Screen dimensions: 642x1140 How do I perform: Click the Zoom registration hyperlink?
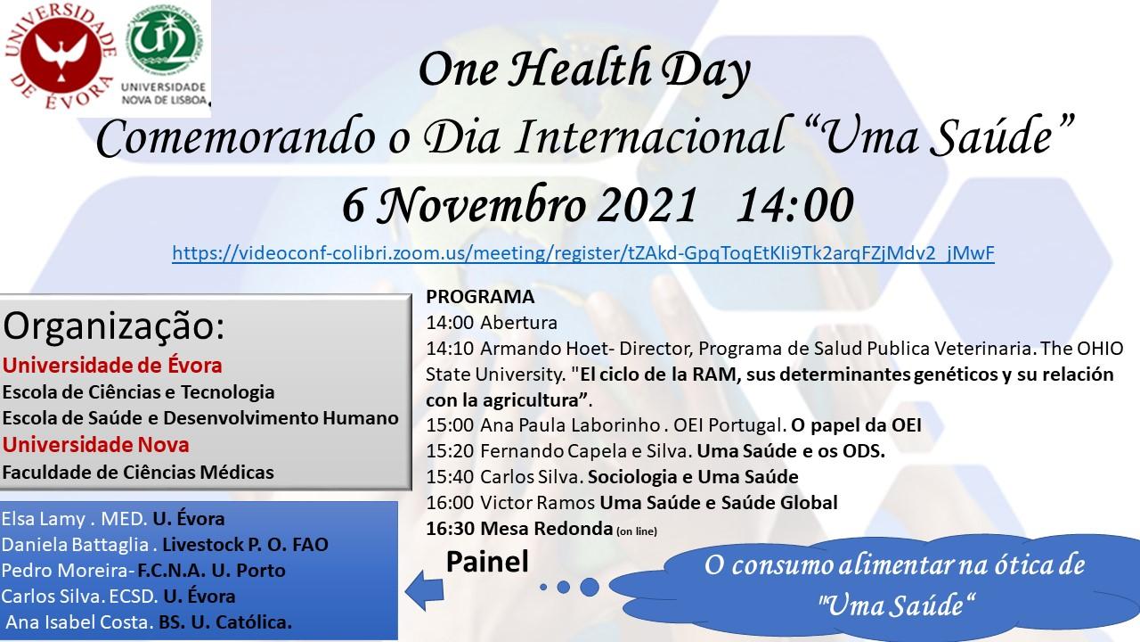point(582,253)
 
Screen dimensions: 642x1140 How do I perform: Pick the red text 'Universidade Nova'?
point(96,443)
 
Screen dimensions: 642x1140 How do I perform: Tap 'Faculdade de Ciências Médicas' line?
point(138,472)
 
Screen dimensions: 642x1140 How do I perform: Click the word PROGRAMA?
point(481,297)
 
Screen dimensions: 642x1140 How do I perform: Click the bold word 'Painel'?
point(487,563)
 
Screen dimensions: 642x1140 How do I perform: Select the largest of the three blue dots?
point(590,588)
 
